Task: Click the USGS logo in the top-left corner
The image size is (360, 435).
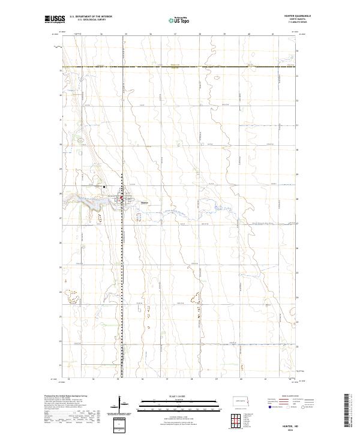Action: tap(54, 20)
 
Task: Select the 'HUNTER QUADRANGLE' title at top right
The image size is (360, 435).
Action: tap(299, 17)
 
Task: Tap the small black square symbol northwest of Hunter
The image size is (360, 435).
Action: tap(104, 187)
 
